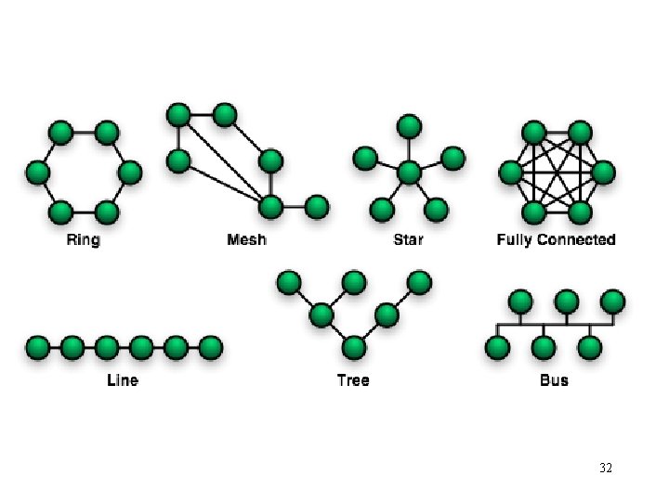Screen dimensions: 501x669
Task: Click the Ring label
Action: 83,240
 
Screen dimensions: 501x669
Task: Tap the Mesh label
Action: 246,240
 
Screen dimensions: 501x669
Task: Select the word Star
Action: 408,240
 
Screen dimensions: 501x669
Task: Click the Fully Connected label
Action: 556,240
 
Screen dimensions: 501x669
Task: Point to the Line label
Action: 123,379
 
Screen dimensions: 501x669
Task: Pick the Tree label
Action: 353,379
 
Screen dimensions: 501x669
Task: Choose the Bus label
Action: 554,379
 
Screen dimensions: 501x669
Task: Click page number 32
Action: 606,469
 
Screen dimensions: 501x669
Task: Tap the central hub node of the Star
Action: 409,173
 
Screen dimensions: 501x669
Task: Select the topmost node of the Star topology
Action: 409,125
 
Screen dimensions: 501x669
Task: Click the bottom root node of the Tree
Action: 353,348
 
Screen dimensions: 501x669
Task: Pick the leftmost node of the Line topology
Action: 38,348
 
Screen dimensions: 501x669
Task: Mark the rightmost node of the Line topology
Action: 211,348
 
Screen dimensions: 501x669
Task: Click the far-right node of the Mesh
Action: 317,205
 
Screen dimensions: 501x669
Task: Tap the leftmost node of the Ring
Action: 37,173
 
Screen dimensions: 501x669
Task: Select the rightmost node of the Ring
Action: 130,173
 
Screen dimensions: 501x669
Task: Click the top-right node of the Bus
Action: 612,302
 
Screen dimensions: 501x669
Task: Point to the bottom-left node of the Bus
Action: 498,348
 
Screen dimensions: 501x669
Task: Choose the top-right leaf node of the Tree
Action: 420,281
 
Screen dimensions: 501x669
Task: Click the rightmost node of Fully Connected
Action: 603,173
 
